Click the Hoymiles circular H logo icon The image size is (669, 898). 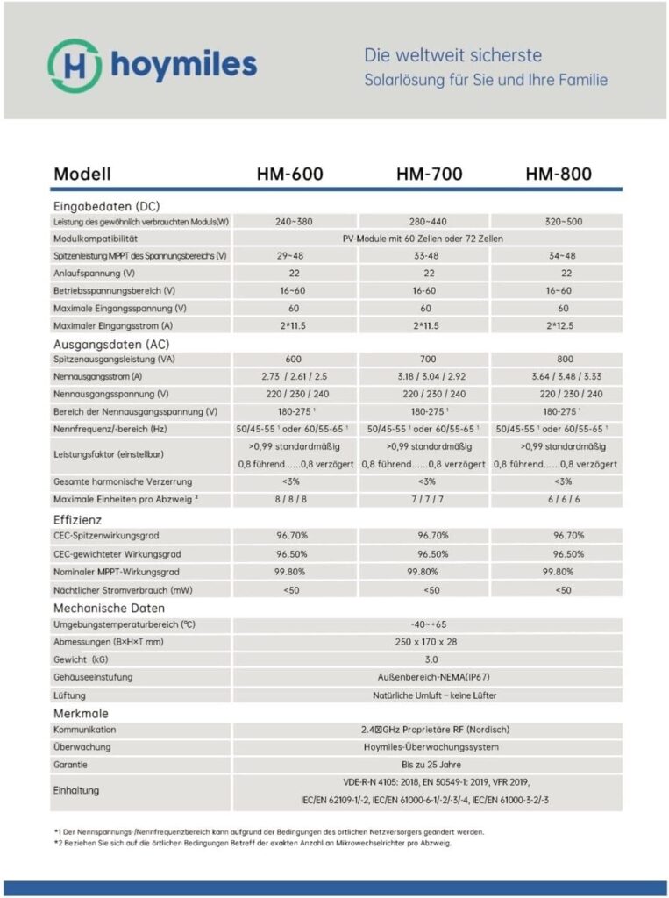[74, 64]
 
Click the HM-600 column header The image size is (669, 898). [290, 174]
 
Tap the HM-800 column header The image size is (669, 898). [559, 174]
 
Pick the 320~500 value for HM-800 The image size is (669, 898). [558, 222]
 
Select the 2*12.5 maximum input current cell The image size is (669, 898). [558, 326]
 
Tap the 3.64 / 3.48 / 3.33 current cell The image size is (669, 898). [558, 377]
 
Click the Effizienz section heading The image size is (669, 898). [79, 519]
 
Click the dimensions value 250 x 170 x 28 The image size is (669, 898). [427, 642]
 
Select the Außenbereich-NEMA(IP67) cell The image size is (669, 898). [427, 676]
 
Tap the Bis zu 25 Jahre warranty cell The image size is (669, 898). [427, 764]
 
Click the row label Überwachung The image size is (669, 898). [82, 747]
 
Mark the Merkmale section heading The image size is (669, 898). [81, 714]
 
